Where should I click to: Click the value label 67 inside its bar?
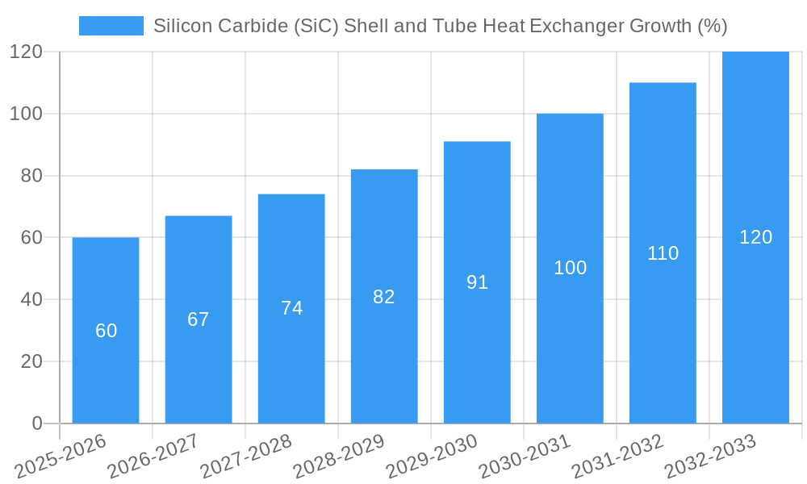coord(199,319)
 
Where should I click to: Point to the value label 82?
coord(384,297)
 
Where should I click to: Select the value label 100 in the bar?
coord(570,268)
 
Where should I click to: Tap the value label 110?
coord(663,253)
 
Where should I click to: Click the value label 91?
coord(477,282)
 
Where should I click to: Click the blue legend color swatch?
coord(111,26)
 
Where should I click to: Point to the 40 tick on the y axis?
coord(31,299)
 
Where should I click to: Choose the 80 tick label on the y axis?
coord(31,176)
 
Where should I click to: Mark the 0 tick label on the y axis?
coord(37,423)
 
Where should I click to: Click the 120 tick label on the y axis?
coord(27,52)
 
